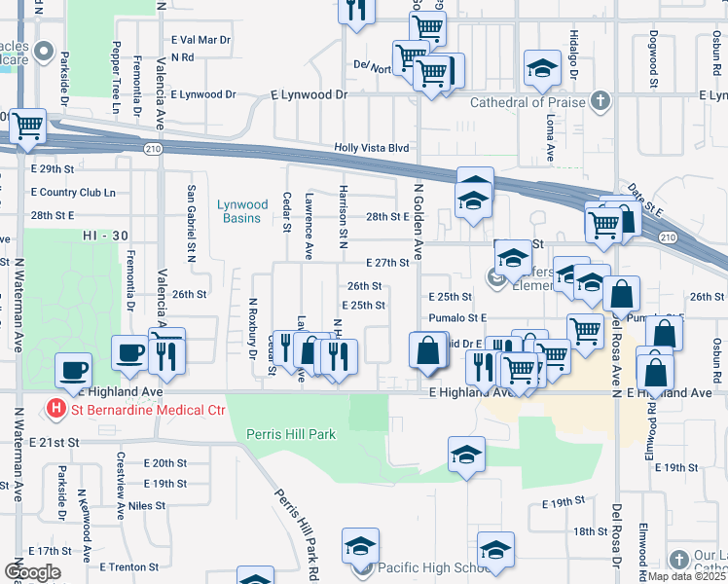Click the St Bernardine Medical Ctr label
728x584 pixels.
tap(148, 410)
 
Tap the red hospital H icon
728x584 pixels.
tap(57, 410)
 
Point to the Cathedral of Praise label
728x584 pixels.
tap(528, 102)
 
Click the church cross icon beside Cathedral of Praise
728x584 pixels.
tap(601, 101)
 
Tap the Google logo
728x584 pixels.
tap(32, 572)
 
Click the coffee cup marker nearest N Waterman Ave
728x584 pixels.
tap(75, 370)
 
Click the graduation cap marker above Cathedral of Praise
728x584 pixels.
tap(541, 68)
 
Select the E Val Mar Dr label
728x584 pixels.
tap(200, 41)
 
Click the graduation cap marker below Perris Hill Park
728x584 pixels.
tap(466, 455)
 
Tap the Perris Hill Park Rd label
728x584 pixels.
tap(296, 525)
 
